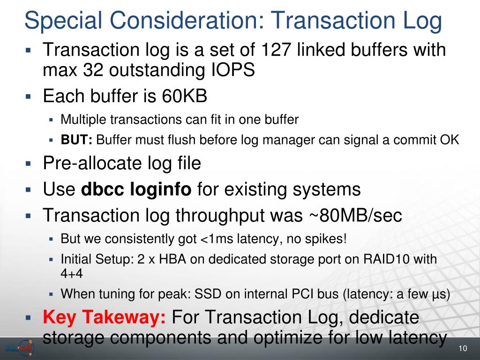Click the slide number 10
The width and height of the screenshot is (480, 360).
(463, 348)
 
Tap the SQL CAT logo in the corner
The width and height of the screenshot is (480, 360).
(20, 348)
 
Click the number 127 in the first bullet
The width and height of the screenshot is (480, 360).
(276, 50)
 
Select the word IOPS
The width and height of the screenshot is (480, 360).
(233, 70)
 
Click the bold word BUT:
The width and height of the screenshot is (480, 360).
(76, 140)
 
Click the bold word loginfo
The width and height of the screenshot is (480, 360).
(161, 189)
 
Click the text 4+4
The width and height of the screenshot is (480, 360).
(72, 273)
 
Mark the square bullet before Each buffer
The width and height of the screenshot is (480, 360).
(29, 97)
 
